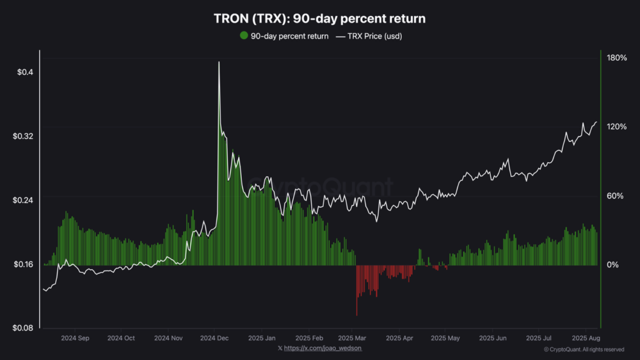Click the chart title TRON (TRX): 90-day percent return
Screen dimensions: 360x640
point(319,19)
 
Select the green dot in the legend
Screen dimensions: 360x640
point(244,35)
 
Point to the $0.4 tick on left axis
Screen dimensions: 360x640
point(25,72)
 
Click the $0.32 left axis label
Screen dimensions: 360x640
point(23,136)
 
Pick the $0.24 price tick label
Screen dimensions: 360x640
point(23,200)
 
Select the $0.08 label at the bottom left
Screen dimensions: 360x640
point(23,328)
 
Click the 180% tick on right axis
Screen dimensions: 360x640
point(616,58)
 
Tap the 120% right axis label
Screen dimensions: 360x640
point(616,127)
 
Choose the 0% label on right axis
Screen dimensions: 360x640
point(612,264)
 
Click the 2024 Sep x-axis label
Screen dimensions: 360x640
point(75,338)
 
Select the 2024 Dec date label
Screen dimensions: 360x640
point(215,338)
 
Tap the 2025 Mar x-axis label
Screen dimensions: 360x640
point(352,338)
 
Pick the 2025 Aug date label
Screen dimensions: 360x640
point(585,338)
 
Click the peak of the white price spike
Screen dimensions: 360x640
point(218,62)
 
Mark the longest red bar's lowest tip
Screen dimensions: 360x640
point(356,315)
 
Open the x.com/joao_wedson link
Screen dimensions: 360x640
point(322,348)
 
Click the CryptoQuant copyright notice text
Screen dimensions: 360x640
point(583,349)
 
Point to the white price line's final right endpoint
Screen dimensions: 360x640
point(596,122)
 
